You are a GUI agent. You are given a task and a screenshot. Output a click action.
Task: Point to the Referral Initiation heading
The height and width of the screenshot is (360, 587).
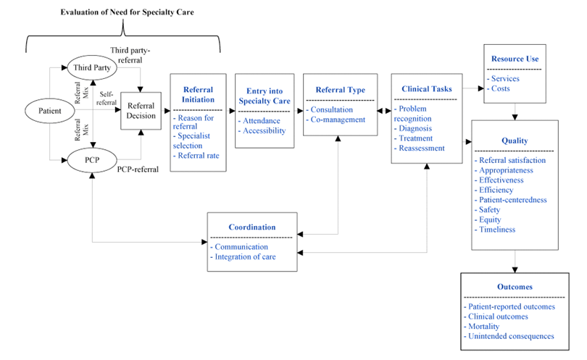point(198,95)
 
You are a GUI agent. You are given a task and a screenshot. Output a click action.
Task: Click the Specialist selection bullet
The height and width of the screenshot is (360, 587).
point(191,141)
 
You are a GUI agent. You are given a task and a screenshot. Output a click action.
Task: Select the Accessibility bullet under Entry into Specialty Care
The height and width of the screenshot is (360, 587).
point(262,130)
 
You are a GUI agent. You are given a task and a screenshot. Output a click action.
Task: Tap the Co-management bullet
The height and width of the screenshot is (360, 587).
point(336,120)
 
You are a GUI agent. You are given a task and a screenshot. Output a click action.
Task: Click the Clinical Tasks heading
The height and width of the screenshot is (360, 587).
point(427,89)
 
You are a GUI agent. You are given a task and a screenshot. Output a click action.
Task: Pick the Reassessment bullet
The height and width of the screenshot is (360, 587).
point(420,148)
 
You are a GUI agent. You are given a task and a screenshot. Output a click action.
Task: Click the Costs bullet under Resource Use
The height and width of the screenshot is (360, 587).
point(499,88)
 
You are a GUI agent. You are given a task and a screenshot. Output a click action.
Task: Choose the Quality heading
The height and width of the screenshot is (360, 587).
point(515,141)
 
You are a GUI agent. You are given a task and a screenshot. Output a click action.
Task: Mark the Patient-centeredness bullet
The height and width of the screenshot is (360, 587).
point(511,200)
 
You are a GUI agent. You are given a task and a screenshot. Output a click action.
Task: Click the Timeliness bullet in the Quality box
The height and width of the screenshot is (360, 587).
point(495,230)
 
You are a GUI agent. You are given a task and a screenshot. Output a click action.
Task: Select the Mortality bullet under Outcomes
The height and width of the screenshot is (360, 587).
point(481,327)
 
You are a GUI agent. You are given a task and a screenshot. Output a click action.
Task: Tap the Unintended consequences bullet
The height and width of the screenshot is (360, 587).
point(509,336)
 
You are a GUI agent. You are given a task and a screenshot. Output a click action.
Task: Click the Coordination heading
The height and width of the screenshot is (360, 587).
point(252,227)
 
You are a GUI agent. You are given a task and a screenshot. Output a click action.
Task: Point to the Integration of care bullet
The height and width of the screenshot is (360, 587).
point(243,256)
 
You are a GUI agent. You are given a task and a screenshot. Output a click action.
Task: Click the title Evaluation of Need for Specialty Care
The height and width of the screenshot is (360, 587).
point(128,12)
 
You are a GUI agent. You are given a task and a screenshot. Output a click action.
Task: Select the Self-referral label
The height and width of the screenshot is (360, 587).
point(107,99)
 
